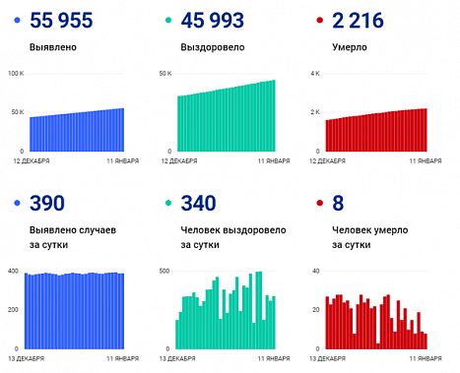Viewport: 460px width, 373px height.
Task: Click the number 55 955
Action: [61, 21]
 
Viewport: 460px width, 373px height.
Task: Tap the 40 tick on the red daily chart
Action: [315, 271]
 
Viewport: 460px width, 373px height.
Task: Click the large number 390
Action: [47, 204]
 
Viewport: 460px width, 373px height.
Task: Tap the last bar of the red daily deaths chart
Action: [426, 342]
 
